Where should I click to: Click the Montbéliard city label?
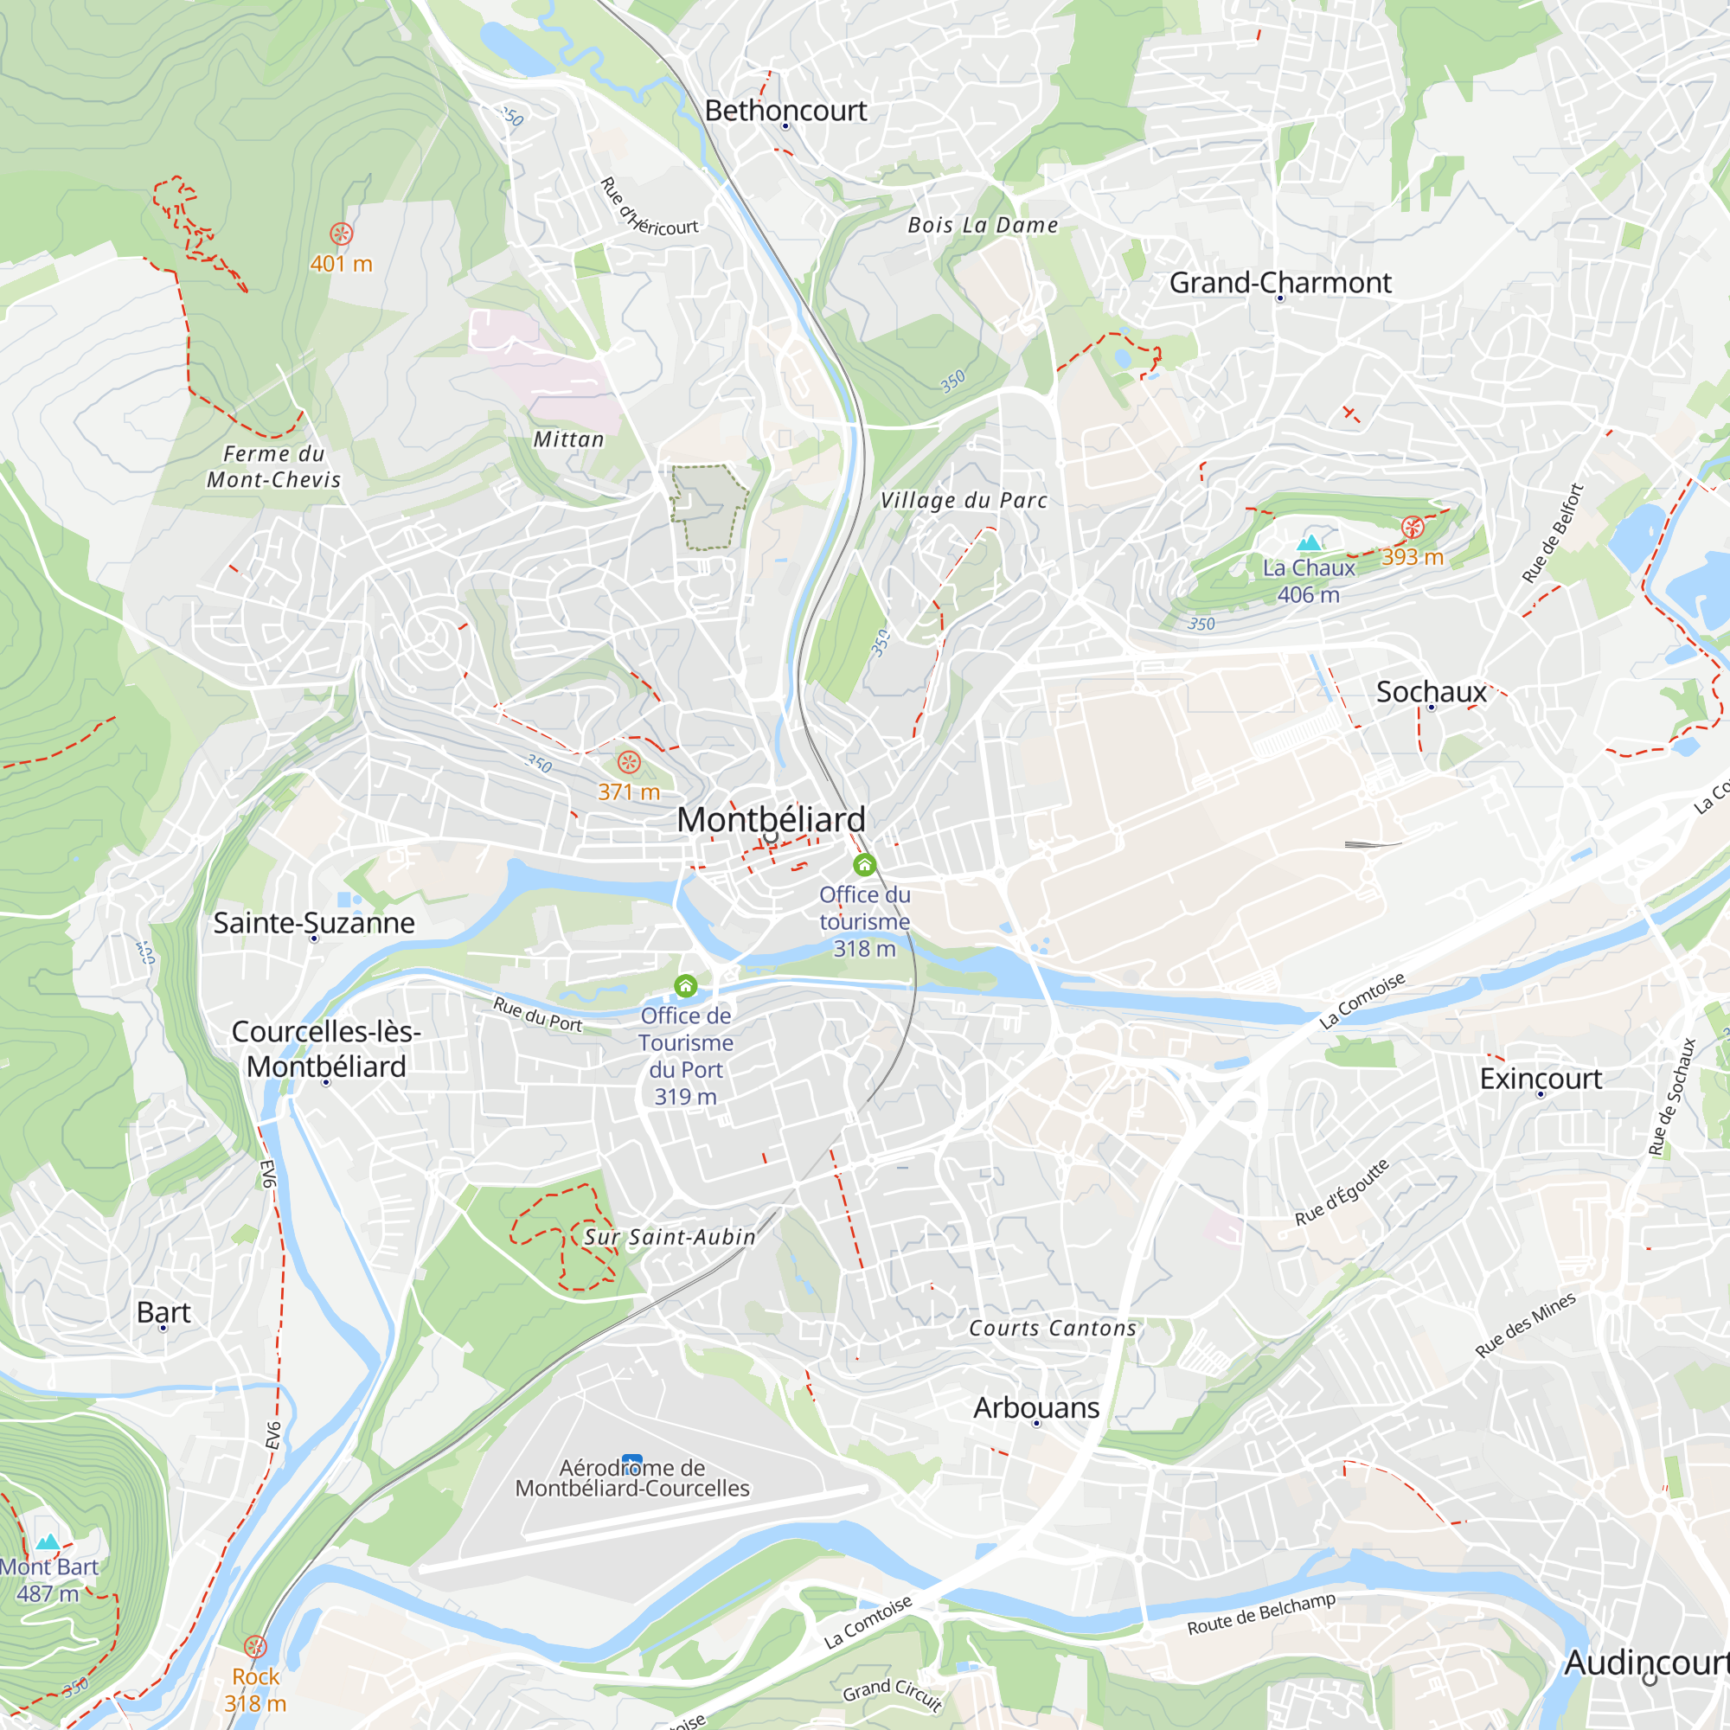pos(771,819)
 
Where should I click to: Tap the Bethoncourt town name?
pos(785,110)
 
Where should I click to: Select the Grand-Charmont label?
pos(1279,283)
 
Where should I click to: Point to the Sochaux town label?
pos(1431,692)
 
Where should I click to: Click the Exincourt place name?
pos(1541,1079)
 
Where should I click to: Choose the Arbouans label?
pos(1036,1407)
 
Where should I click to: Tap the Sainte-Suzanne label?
pos(313,923)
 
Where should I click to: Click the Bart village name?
pos(163,1313)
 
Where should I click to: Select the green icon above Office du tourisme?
pos(864,865)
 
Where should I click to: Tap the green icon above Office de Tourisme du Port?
pos(686,986)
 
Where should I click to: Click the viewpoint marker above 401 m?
pos(341,234)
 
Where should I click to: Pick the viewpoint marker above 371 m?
pos(630,763)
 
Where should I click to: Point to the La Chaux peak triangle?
pos(1309,542)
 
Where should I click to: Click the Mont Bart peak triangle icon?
pos(48,1541)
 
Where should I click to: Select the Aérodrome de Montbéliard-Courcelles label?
pos(632,1478)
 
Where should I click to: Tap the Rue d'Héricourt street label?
pos(646,208)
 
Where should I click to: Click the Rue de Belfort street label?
pos(1554,534)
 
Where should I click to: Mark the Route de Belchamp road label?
pos(1261,1613)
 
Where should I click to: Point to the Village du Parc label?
pos(964,501)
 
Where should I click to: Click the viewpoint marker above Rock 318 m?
pos(255,1647)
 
